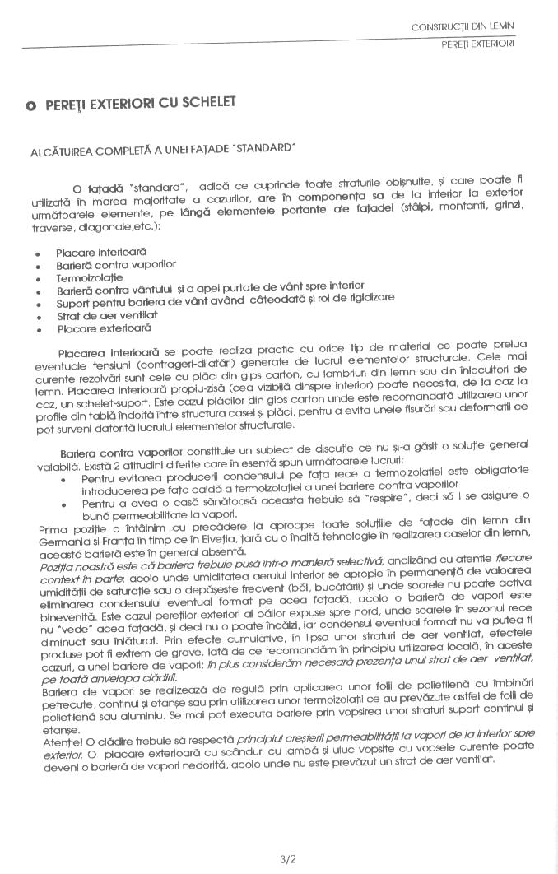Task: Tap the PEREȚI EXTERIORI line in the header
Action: (x=477, y=43)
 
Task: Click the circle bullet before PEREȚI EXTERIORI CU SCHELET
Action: (x=30, y=105)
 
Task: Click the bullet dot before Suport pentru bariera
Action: (x=39, y=305)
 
